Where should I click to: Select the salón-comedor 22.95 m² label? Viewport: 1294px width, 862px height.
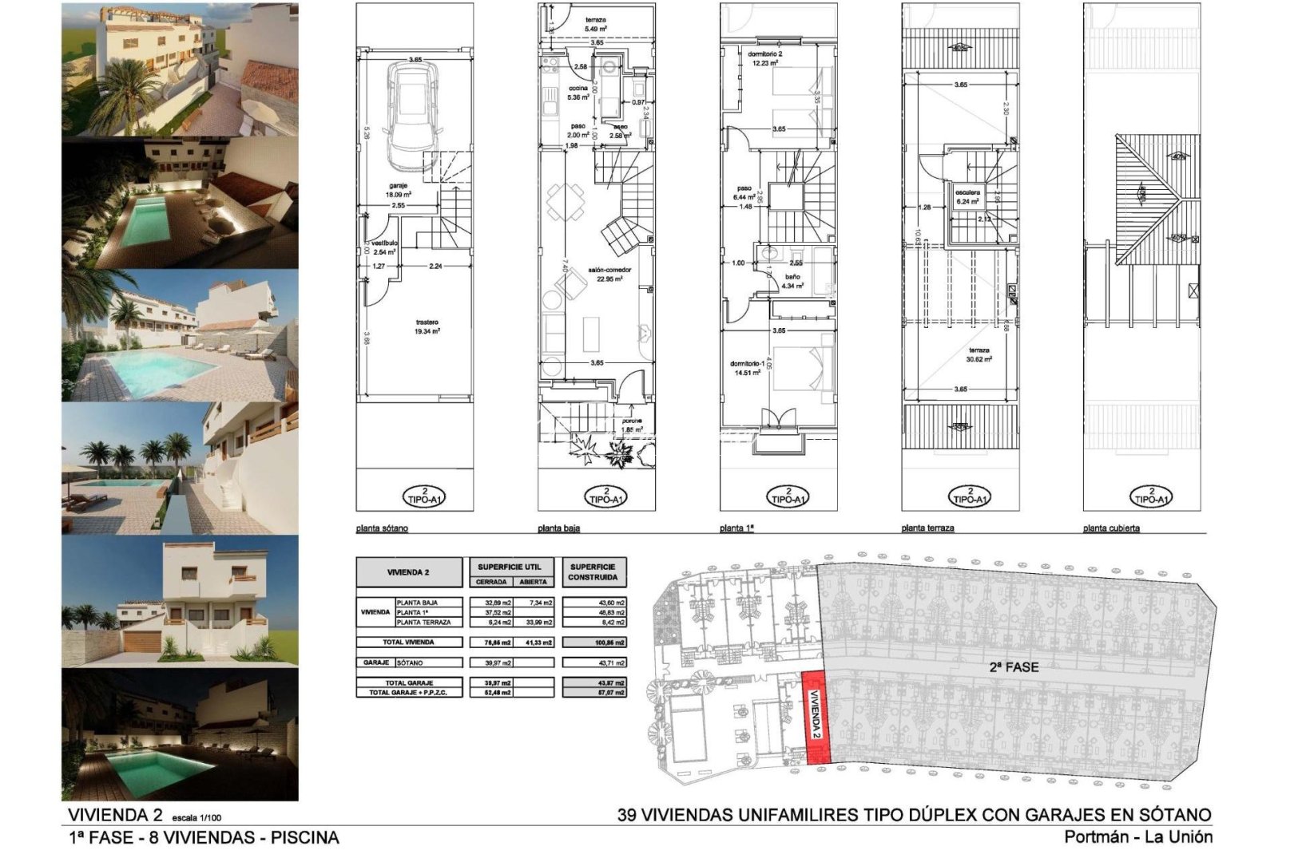(x=610, y=274)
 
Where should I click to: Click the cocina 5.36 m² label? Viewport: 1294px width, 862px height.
(x=578, y=93)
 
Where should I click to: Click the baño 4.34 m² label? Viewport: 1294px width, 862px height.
(x=791, y=281)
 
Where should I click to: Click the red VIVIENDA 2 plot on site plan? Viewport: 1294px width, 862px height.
(x=816, y=718)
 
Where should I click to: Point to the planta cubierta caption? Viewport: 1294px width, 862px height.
(x=1111, y=528)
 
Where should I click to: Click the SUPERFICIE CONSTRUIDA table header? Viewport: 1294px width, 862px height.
(x=593, y=571)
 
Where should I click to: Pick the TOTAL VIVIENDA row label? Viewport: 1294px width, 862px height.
(x=408, y=642)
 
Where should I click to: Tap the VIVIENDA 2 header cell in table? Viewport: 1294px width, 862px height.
(x=408, y=572)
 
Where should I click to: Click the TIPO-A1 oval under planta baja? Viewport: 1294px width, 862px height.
(x=606, y=496)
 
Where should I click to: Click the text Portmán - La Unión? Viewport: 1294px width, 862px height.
(x=1137, y=837)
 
